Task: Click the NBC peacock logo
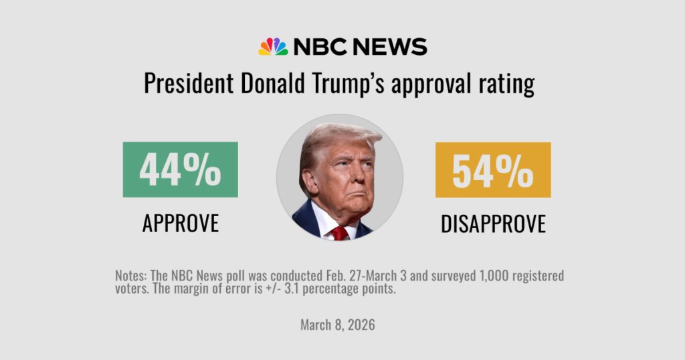[x=273, y=46]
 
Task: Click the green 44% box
[x=180, y=169]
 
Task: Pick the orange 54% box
[x=493, y=170]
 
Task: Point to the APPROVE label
[x=180, y=223]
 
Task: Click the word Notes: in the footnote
[x=131, y=276]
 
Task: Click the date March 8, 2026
[x=338, y=325]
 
